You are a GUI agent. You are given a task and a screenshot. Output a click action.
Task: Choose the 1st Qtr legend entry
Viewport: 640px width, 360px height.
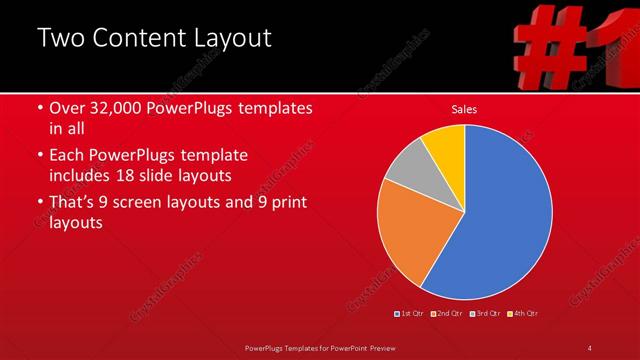tap(411, 314)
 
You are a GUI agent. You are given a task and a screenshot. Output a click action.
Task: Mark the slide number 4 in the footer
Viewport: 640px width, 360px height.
tap(589, 347)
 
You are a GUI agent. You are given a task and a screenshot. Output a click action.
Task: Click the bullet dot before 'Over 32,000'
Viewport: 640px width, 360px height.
tap(39, 108)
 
